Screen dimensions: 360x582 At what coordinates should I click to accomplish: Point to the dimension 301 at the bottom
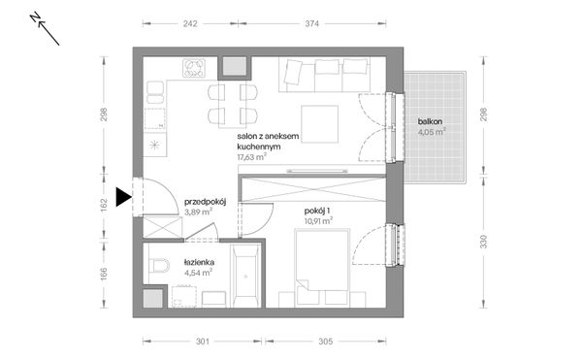[203, 341]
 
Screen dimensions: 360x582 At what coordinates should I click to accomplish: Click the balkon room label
[431, 121]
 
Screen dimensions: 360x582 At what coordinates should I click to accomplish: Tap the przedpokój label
[205, 202]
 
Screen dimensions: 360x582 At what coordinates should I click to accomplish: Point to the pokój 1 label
[316, 210]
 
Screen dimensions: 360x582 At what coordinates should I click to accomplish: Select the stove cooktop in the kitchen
[195, 68]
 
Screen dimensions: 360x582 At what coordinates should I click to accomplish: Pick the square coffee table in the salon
[317, 122]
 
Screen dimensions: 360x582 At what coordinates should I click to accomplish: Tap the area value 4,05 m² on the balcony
[431, 133]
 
